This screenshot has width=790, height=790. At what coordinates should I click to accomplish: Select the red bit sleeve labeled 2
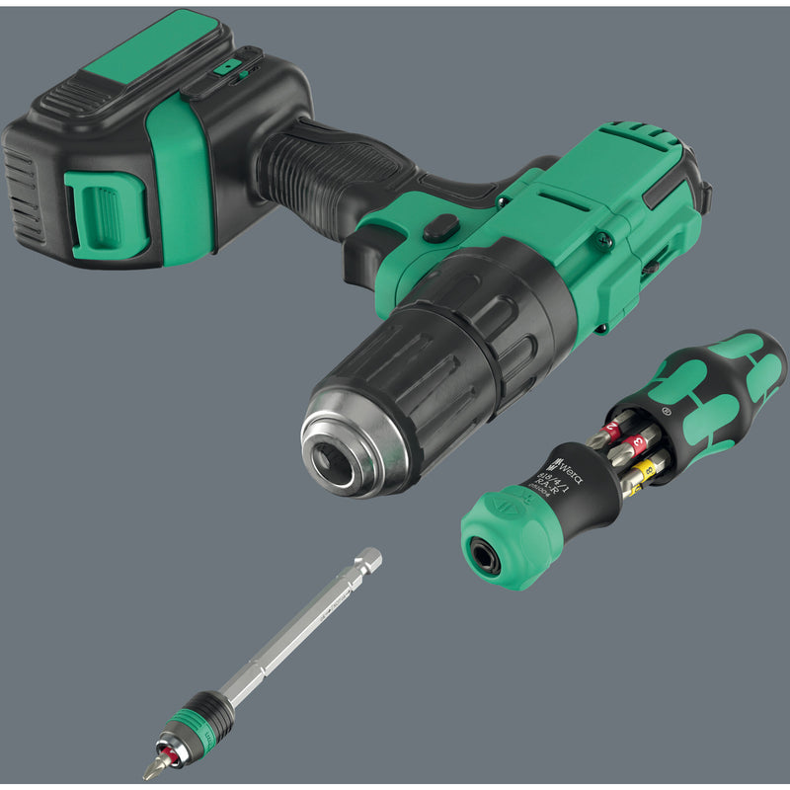(613, 430)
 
